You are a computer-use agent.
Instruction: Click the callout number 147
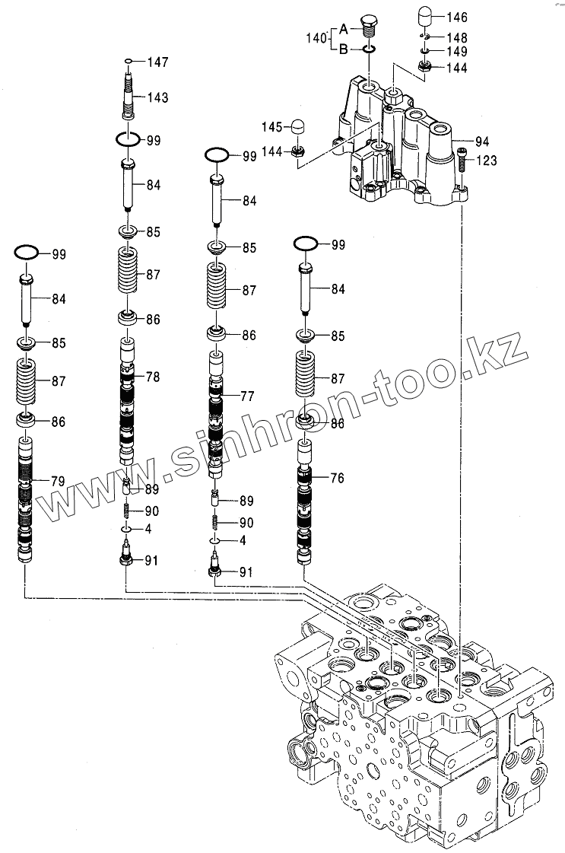click(157, 61)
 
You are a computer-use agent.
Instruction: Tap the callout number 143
click(157, 97)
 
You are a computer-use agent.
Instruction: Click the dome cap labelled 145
click(297, 126)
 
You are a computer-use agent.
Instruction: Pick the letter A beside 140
click(343, 30)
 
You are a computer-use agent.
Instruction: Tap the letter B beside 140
click(343, 49)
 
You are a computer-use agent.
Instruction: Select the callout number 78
click(154, 376)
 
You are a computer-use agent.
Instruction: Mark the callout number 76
click(337, 477)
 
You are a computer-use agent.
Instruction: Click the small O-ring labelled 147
click(129, 61)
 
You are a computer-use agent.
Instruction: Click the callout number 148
click(457, 37)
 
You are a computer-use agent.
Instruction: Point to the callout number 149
click(457, 52)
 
